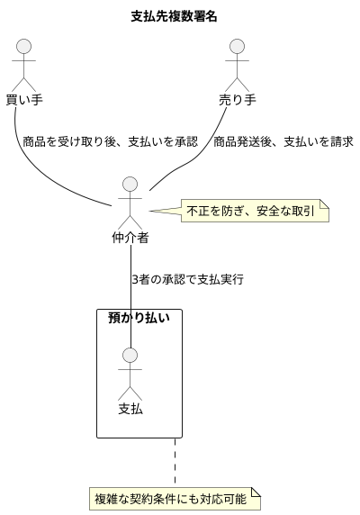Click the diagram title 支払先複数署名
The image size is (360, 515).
(174, 16)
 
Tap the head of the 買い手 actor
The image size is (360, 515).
(24, 47)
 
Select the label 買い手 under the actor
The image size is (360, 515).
(24, 98)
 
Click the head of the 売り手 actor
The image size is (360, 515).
(238, 47)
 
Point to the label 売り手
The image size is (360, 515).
(238, 98)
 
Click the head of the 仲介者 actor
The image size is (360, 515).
(130, 185)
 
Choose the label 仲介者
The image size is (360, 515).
(130, 238)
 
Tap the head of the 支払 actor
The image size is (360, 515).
(130, 356)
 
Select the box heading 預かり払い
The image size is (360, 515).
(139, 317)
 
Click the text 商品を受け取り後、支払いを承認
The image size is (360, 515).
(111, 141)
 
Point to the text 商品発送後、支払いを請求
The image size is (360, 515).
(283, 141)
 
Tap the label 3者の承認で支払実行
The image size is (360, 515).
(186, 279)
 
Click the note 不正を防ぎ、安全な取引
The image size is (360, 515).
(256, 212)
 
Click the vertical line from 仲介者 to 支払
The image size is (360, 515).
(131, 297)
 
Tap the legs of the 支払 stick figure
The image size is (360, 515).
(130, 393)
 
